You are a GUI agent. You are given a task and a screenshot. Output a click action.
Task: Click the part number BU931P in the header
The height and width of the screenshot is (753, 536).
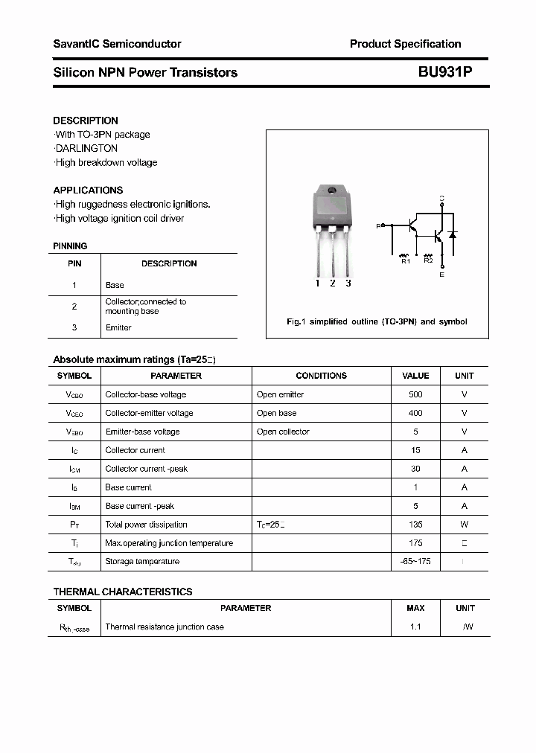coord(445,72)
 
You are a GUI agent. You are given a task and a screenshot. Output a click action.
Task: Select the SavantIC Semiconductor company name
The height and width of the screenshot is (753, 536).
coord(117,44)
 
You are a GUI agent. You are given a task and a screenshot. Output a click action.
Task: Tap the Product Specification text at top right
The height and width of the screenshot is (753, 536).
coord(405,44)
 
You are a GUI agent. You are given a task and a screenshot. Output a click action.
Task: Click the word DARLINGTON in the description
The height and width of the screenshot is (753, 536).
coord(86,148)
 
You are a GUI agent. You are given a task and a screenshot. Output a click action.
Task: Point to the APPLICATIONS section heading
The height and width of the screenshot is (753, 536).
coord(88,190)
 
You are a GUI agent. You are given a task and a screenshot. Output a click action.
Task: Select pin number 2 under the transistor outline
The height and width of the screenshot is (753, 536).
coord(332,283)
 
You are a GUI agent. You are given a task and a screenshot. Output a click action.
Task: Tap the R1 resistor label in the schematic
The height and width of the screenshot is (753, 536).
coord(406,261)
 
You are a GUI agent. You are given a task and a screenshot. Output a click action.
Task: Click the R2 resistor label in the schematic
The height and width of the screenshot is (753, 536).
coord(428,261)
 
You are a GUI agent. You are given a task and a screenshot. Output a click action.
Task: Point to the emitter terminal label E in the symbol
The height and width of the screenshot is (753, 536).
coord(441,275)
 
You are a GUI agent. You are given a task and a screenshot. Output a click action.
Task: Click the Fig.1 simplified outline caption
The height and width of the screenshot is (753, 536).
coord(377,321)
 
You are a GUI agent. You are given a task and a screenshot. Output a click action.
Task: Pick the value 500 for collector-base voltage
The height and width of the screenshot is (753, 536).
coord(415,394)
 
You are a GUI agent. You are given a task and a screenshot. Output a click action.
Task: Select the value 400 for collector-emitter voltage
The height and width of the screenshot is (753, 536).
coord(415,413)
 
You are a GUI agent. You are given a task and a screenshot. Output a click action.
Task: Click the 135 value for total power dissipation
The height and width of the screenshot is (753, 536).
coord(415,525)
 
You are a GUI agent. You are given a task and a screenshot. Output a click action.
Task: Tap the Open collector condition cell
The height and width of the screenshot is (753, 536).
coord(283,432)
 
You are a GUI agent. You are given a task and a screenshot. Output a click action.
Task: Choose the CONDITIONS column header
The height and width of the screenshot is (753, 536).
coord(321,376)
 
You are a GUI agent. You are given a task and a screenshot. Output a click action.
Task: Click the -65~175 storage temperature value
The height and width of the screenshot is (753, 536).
coord(415,562)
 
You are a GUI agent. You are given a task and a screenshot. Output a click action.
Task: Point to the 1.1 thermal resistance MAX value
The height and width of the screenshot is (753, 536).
coord(415,627)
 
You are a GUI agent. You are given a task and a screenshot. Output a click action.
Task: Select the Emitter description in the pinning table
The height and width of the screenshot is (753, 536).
coord(118,327)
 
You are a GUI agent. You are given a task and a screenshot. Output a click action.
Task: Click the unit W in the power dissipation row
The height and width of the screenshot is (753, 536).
coord(465,525)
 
